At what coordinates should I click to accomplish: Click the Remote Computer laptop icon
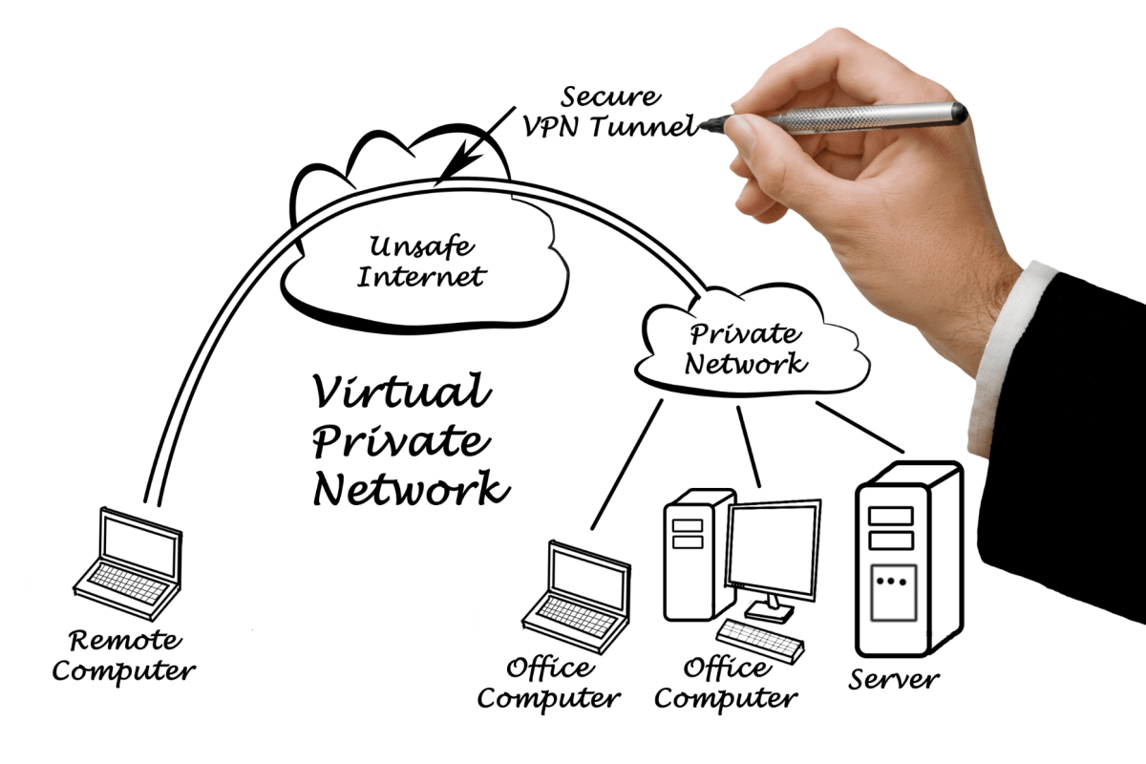128,562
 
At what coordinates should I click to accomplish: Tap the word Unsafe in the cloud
421,246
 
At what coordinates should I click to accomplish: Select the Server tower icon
909,559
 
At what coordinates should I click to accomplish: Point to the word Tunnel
645,125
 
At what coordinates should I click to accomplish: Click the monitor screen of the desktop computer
774,548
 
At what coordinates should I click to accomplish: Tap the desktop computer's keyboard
760,641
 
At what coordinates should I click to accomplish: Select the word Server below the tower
894,679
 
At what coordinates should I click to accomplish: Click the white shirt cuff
1006,358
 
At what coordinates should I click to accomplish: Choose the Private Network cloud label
746,349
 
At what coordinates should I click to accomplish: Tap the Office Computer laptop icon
577,597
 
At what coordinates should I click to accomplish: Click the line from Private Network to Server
860,427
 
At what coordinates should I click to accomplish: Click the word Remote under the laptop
125,640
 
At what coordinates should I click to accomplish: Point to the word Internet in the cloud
421,276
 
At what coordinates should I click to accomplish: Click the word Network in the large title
412,489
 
